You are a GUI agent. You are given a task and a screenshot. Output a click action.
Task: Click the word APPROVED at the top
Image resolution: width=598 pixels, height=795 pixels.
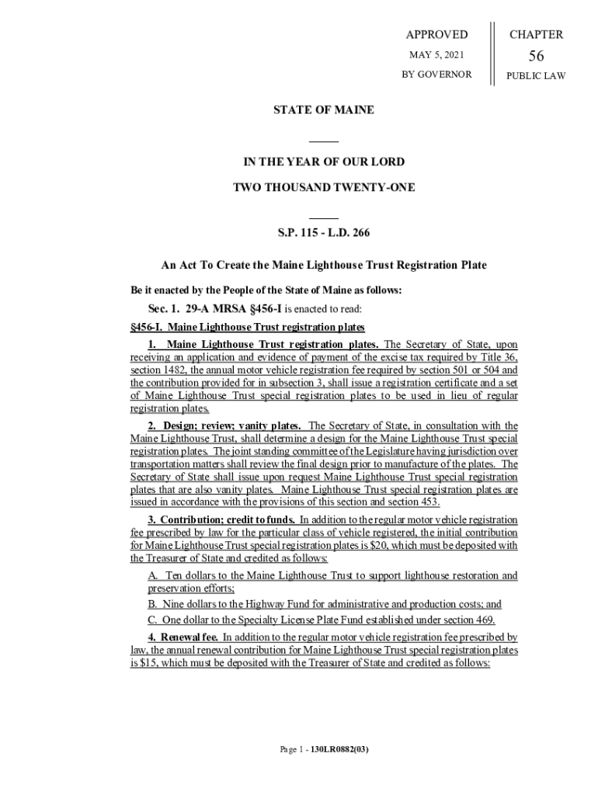pos(437,34)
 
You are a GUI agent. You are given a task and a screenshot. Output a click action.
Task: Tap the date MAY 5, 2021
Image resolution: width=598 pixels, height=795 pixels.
pos(436,55)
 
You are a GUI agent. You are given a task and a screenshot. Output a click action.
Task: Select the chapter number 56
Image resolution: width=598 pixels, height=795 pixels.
pos(536,56)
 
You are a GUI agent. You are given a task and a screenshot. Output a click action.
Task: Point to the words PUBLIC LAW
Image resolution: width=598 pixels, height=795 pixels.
pos(536,75)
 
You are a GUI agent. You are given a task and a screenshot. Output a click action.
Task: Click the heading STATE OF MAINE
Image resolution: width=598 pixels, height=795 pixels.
pos(323,110)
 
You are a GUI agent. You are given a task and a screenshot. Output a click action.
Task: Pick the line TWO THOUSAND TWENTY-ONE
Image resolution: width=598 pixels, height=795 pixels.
pos(324,187)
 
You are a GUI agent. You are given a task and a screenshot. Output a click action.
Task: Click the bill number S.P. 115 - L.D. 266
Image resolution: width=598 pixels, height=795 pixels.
pos(324,232)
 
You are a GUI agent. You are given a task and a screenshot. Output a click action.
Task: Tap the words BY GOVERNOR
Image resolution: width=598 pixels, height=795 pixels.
pos(436,75)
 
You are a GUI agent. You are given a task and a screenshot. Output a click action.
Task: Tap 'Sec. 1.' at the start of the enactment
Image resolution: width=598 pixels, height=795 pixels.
pos(161,309)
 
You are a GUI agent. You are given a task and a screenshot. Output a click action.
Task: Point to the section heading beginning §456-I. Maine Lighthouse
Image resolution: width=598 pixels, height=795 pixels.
pos(247,327)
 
